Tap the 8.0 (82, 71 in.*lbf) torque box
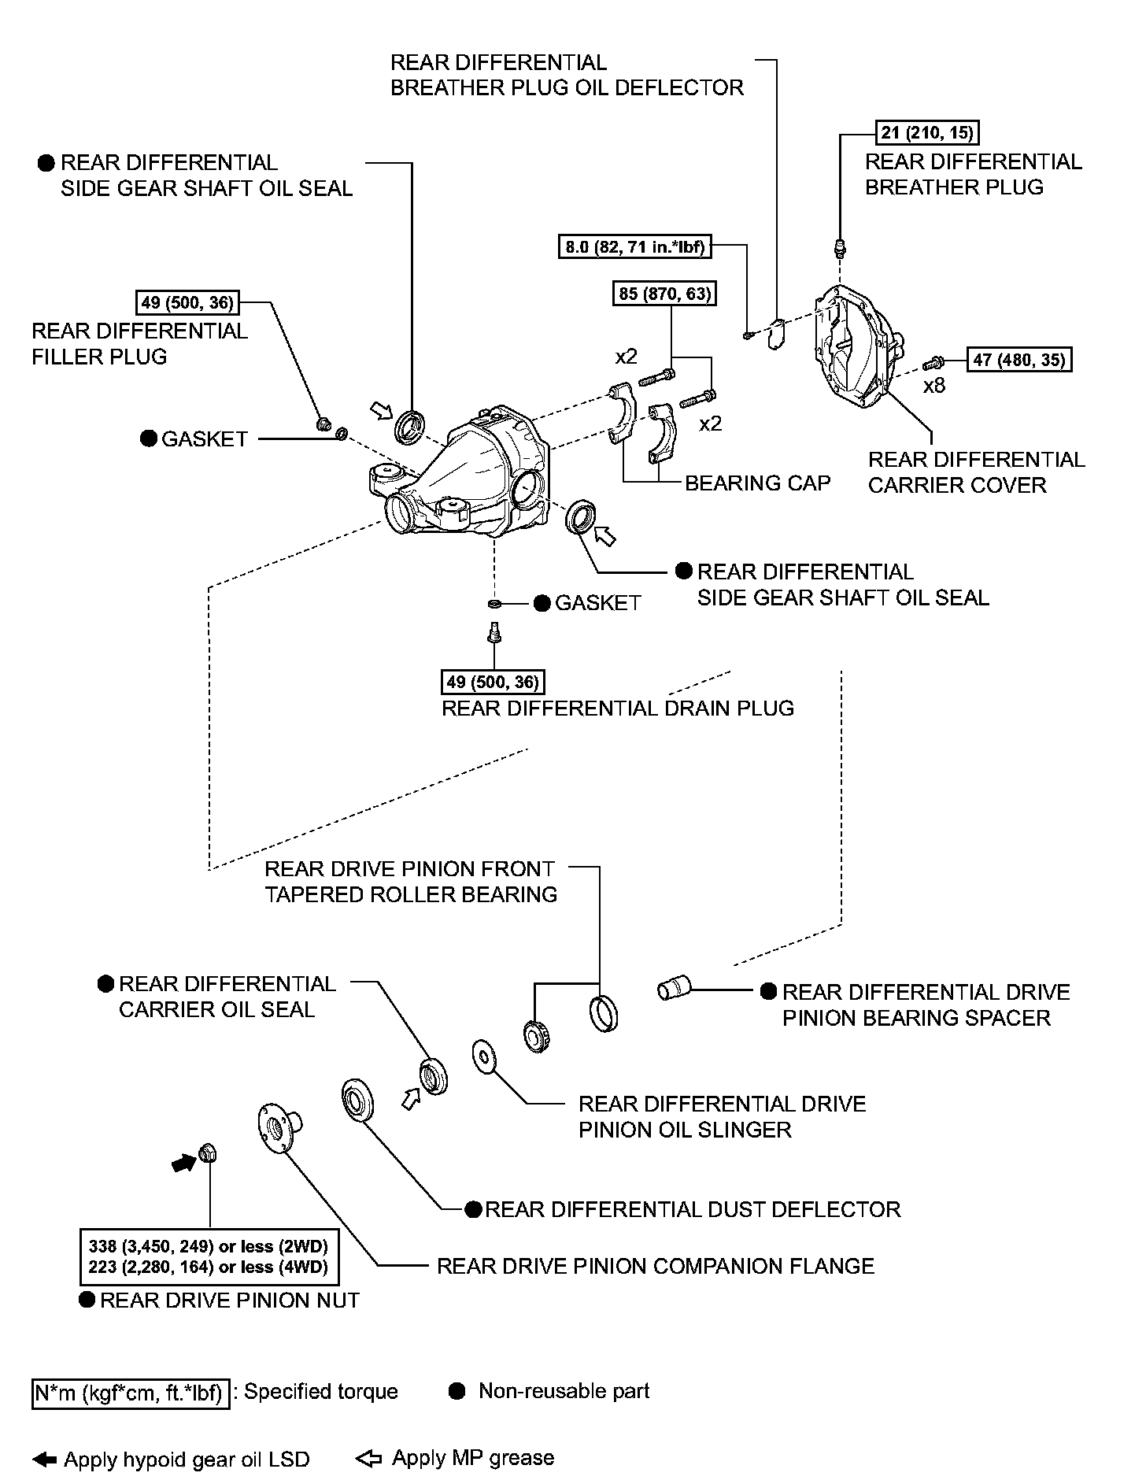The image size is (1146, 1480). pyautogui.click(x=634, y=246)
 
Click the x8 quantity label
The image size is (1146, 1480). pyautogui.click(x=933, y=386)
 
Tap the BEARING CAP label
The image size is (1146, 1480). pyautogui.click(x=757, y=483)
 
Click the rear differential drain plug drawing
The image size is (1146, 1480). pyautogui.click(x=494, y=631)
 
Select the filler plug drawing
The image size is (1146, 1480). pyautogui.click(x=323, y=425)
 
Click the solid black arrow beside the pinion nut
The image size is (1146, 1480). pyautogui.click(x=183, y=1163)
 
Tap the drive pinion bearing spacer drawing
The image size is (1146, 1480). pyautogui.click(x=673, y=988)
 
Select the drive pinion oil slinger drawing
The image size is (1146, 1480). pyautogui.click(x=482, y=1056)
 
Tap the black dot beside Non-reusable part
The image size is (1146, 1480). pyautogui.click(x=457, y=1392)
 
